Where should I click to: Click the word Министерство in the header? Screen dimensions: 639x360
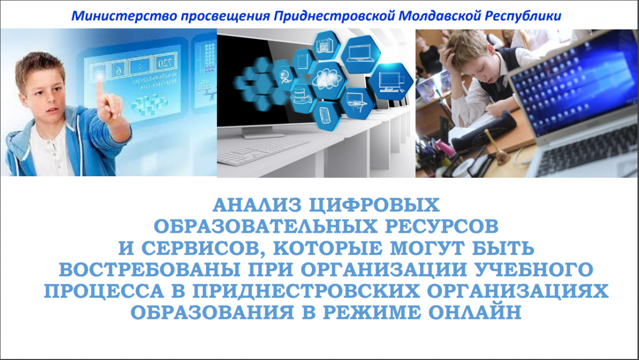coord(124,16)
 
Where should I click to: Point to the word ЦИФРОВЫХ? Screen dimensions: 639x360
coord(374,206)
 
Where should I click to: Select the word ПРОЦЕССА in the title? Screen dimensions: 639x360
coord(104,291)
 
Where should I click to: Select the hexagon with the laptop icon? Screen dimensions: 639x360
coord(361,54)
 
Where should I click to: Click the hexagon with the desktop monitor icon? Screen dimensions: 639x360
coord(390,81)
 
